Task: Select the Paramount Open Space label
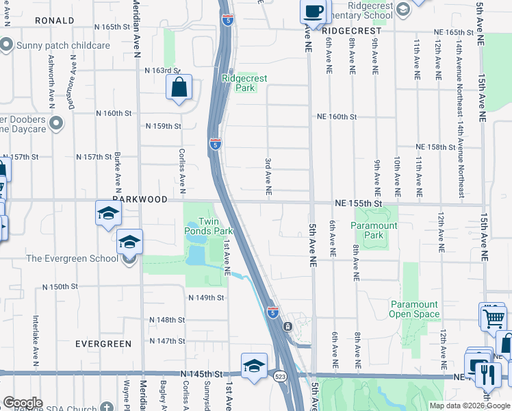(x=414, y=309)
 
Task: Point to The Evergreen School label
(x=73, y=258)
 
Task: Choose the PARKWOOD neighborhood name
(x=139, y=199)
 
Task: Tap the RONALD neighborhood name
(x=51, y=21)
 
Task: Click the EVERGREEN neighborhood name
(x=103, y=343)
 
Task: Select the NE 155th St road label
(x=357, y=203)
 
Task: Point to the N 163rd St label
(x=162, y=70)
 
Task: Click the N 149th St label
(x=207, y=297)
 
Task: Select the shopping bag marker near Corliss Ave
(x=179, y=88)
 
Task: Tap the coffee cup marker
(x=313, y=12)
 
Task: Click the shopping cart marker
(x=493, y=316)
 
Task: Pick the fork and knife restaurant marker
(x=488, y=374)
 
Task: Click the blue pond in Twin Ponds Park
(x=196, y=256)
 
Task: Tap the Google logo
(x=23, y=403)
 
